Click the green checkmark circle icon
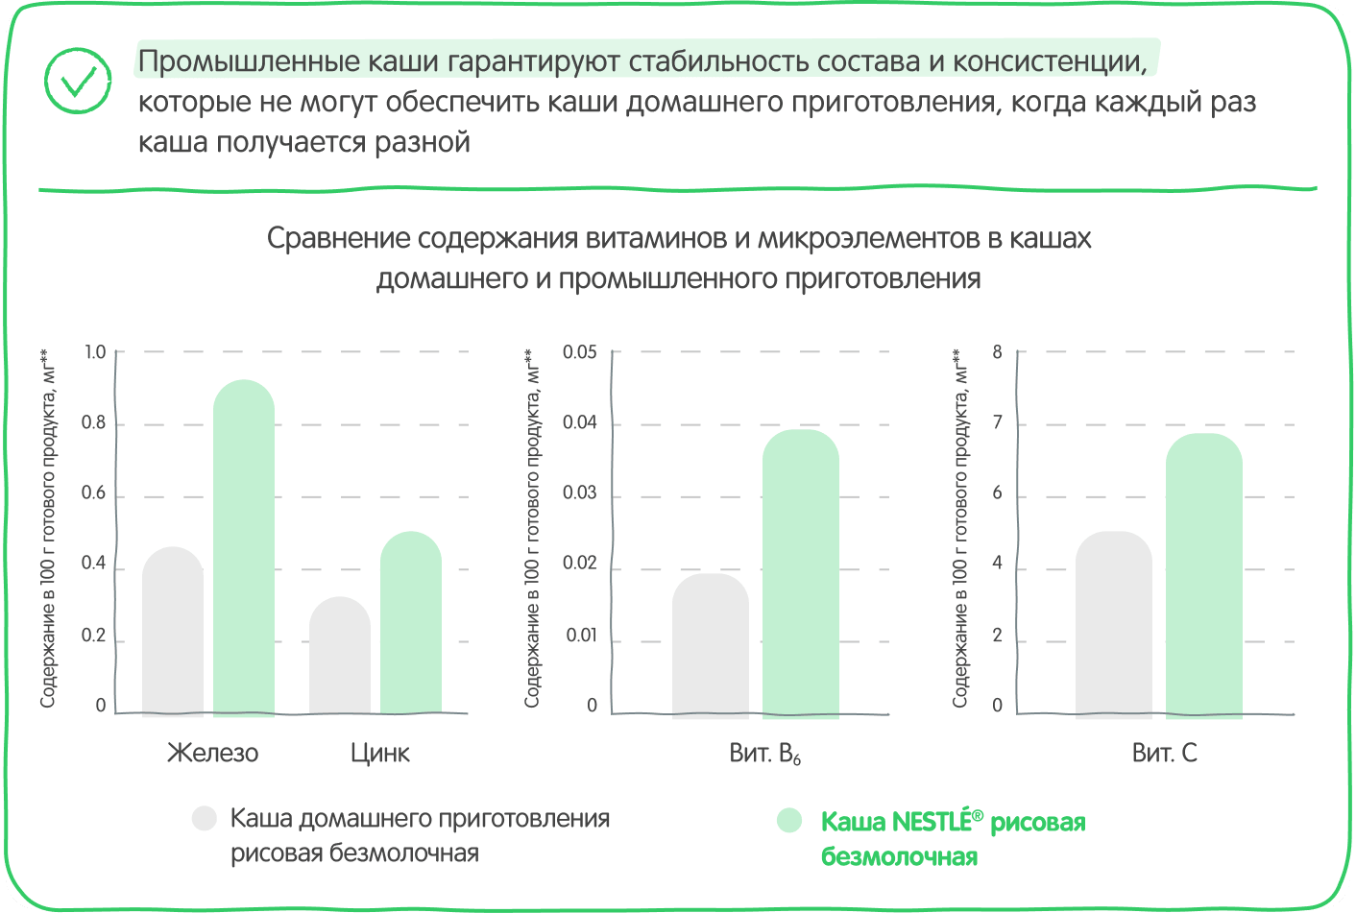pyautogui.click(x=78, y=81)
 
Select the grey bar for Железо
pyautogui.click(x=173, y=632)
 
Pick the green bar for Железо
pyautogui.click(x=244, y=548)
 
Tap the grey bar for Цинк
pyautogui.click(x=340, y=657)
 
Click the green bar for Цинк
pyautogui.click(x=411, y=624)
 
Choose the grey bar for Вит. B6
pyautogui.click(x=710, y=645)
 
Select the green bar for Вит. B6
pyautogui.click(x=800, y=573)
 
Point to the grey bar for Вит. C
pyautogui.click(x=1114, y=624)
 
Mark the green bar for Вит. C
pyautogui.click(x=1204, y=575)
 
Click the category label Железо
pyautogui.click(x=212, y=754)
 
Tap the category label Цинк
pyautogui.click(x=380, y=754)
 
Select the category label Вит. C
pyautogui.click(x=1165, y=754)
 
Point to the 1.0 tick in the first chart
pyautogui.click(x=95, y=351)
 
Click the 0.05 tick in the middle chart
pyautogui.click(x=579, y=351)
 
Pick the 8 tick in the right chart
pyautogui.click(x=997, y=351)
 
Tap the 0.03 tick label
pyautogui.click(x=579, y=493)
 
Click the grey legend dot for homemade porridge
pyautogui.click(x=204, y=818)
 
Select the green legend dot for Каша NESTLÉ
pyautogui.click(x=789, y=821)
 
